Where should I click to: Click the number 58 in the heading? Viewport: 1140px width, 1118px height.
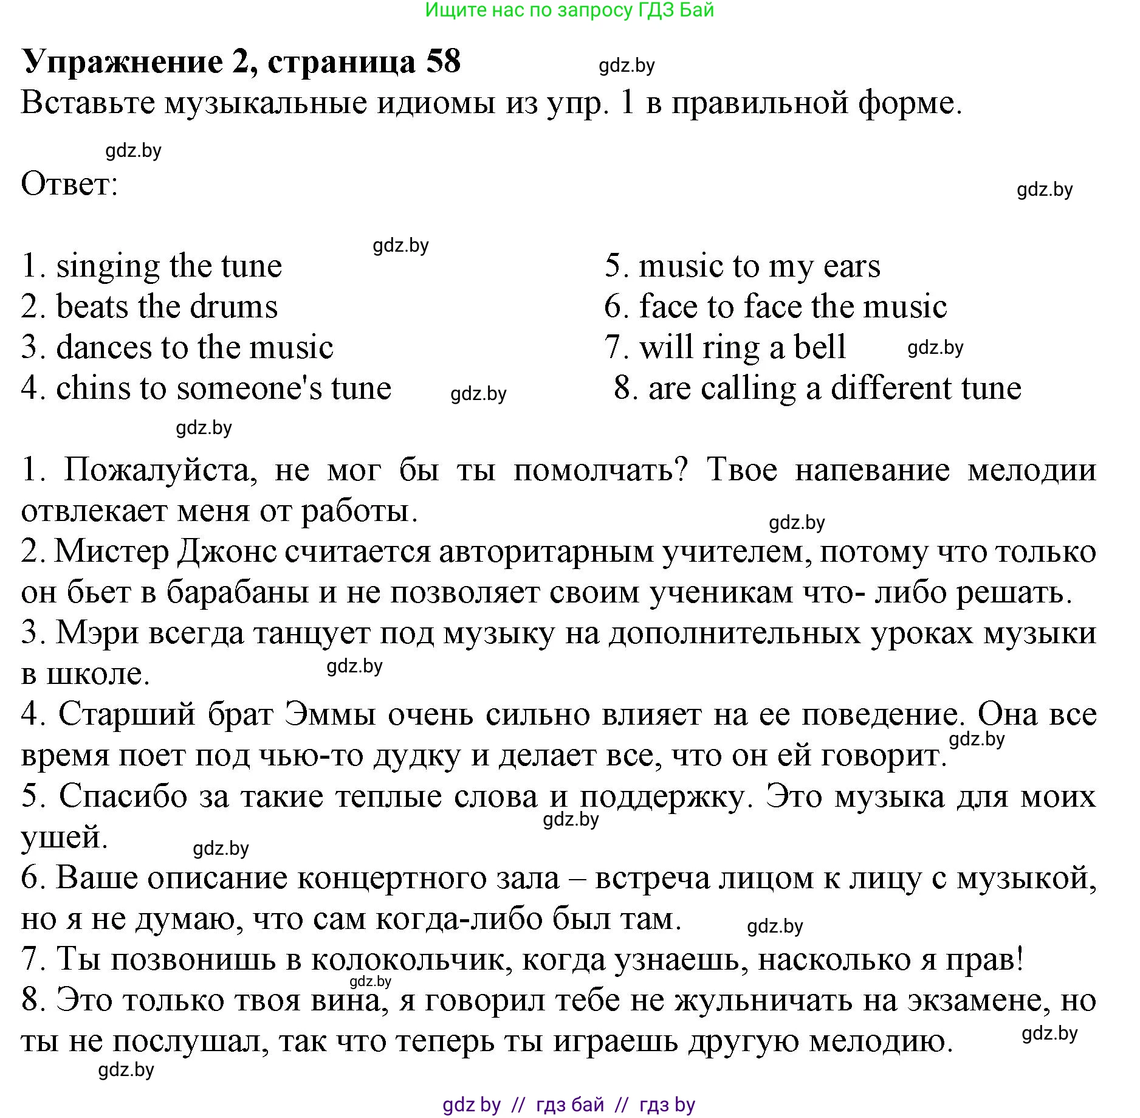tap(443, 62)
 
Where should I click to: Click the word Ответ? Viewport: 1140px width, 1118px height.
tap(69, 184)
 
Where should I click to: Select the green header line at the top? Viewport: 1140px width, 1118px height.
tap(569, 10)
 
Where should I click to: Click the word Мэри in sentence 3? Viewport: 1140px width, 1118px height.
tap(97, 633)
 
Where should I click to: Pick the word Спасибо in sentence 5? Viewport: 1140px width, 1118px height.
tap(123, 796)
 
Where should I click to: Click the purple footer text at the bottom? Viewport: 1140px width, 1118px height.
tap(569, 1105)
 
